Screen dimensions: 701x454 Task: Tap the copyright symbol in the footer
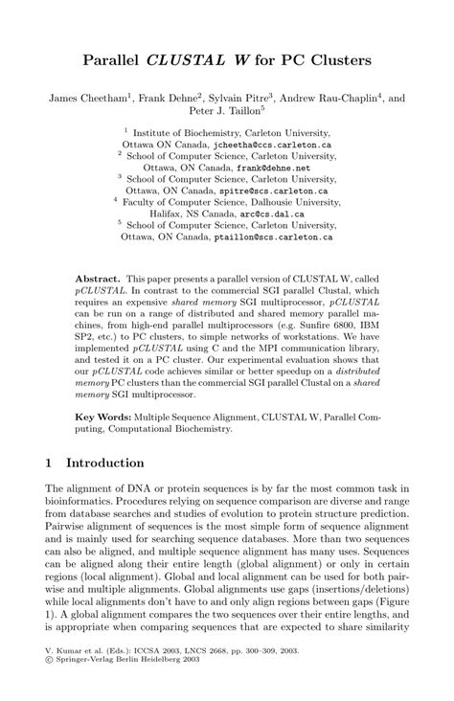pyautogui.click(x=50, y=686)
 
